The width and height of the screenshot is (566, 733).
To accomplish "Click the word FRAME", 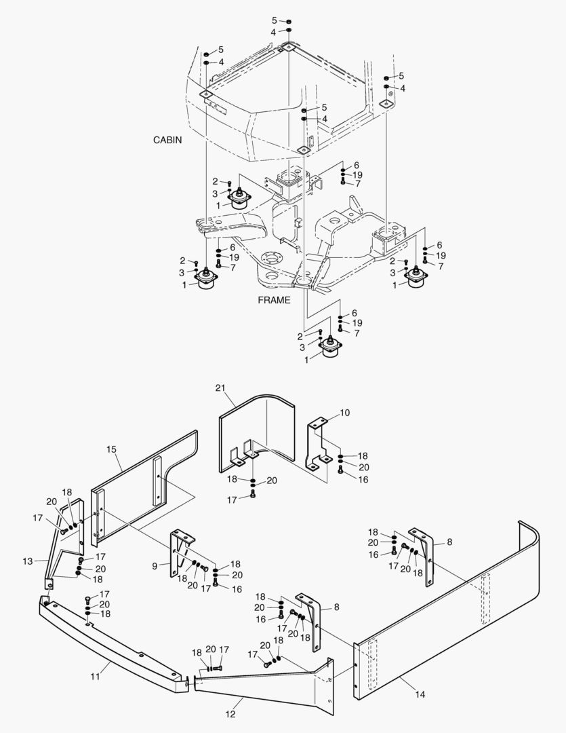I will click(x=275, y=300).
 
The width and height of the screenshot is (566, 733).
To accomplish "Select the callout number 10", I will click(x=344, y=412).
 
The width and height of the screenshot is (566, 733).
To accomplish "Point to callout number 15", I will click(x=112, y=449).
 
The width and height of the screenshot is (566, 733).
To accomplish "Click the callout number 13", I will click(x=28, y=561).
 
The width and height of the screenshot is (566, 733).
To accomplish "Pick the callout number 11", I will click(x=95, y=676).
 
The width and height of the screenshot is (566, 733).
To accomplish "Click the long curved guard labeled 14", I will click(x=447, y=611).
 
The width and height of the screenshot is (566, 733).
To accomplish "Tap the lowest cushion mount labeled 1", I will click(x=330, y=350).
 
